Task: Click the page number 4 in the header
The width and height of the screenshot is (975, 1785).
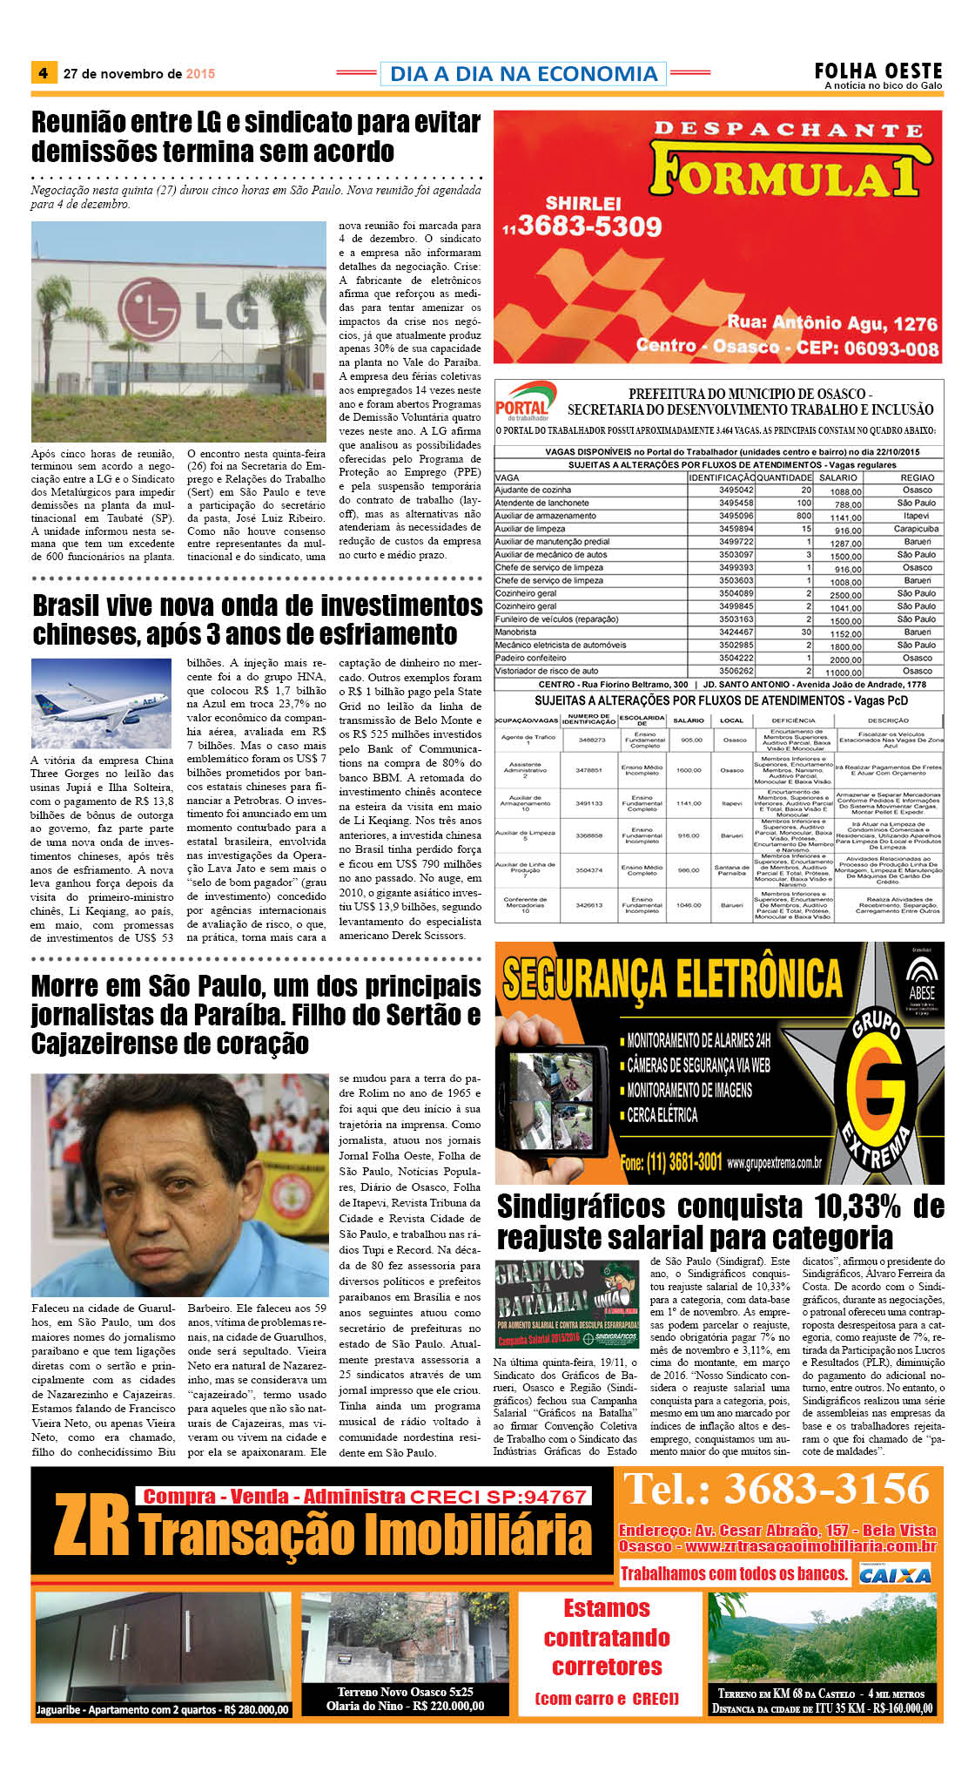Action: click(43, 73)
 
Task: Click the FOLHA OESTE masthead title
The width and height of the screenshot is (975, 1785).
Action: click(877, 71)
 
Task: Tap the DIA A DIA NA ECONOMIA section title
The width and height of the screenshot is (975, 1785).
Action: click(523, 74)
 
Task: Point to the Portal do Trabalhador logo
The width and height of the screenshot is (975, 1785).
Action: click(523, 402)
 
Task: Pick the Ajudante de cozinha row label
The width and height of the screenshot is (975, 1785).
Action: click(534, 490)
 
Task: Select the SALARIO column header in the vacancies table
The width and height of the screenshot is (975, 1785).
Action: click(838, 477)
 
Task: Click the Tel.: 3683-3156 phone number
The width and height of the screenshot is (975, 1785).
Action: click(777, 1489)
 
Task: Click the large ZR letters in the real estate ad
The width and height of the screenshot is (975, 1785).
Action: click(91, 1525)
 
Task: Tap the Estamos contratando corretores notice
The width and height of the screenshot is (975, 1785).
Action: click(607, 1651)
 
